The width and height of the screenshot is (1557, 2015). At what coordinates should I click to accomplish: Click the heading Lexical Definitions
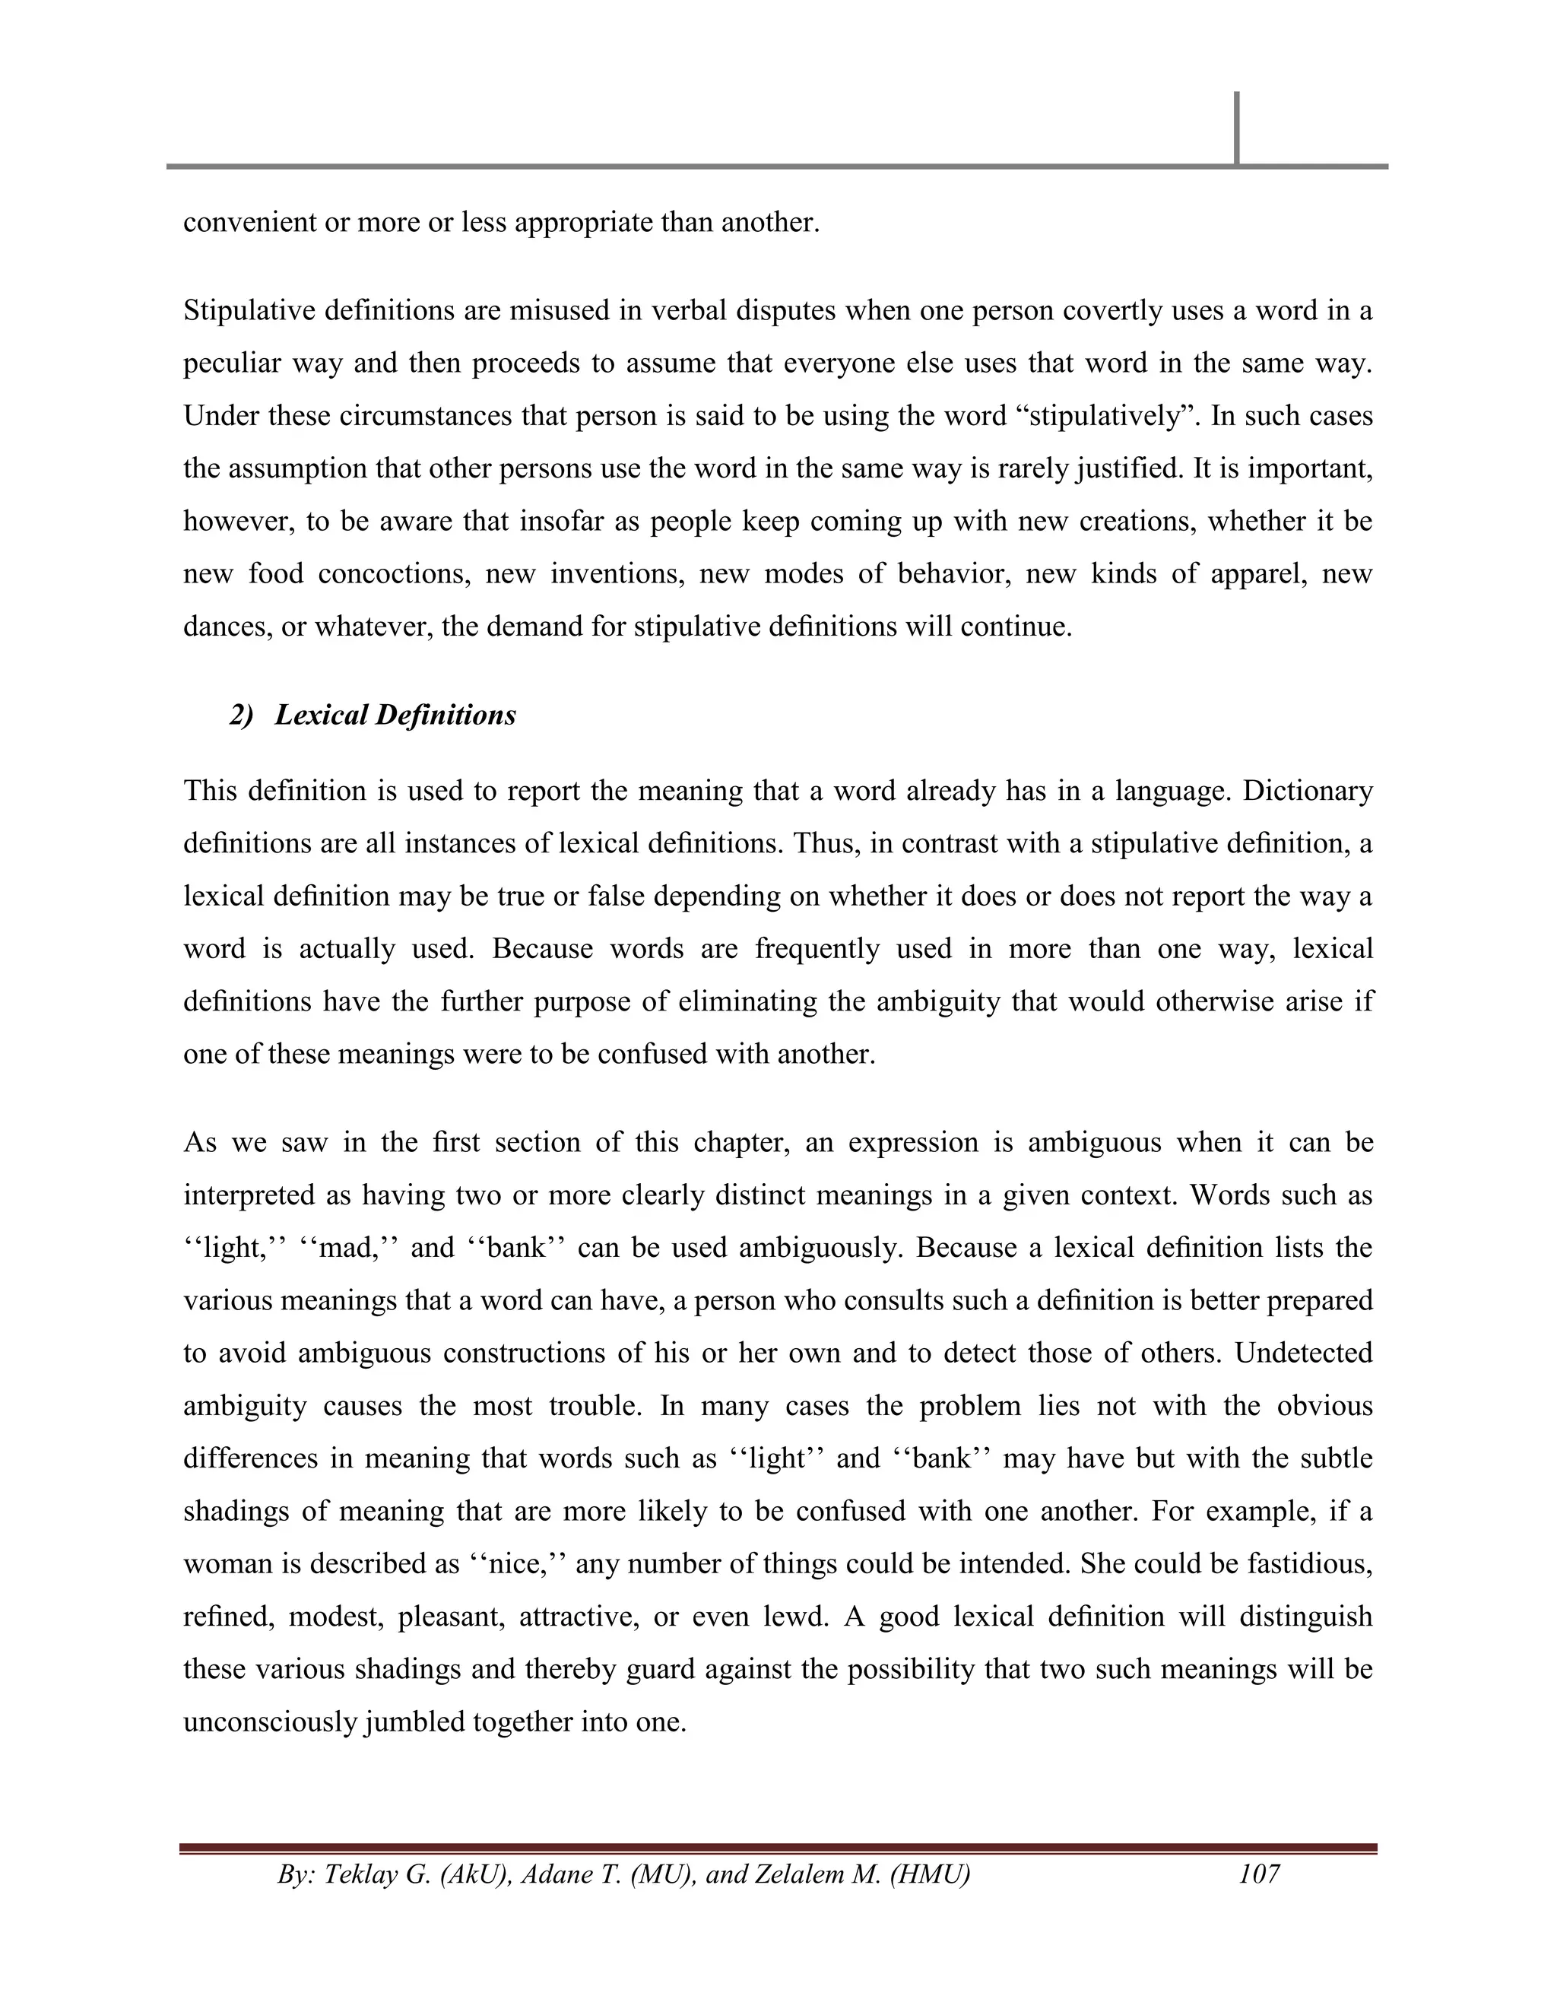pyautogui.click(x=395, y=715)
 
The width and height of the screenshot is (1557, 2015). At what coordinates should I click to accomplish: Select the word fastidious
pyautogui.click(x=1310, y=1564)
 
